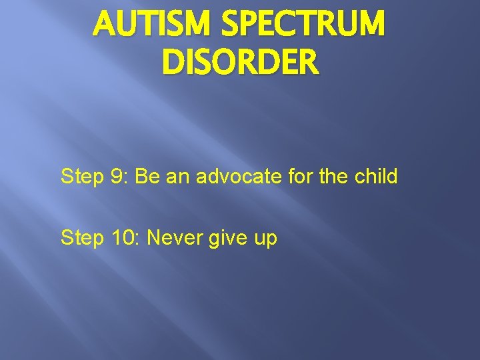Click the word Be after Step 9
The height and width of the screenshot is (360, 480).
(x=151, y=177)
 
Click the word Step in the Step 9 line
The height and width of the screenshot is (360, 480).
(x=83, y=177)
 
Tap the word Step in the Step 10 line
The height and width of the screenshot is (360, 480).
(x=83, y=238)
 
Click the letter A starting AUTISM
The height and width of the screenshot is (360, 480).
(x=105, y=26)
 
